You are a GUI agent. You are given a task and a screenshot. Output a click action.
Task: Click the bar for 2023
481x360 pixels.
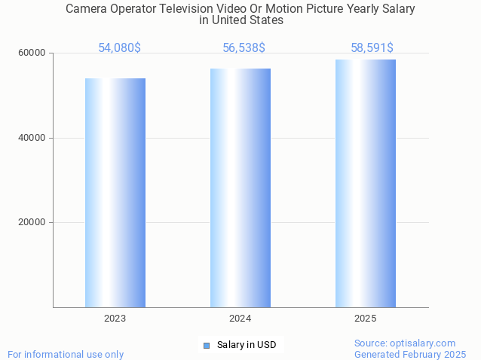(115, 193)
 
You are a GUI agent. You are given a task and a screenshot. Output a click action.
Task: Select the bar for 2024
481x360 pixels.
(240, 188)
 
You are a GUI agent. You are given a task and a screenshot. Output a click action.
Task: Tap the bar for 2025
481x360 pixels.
(366, 183)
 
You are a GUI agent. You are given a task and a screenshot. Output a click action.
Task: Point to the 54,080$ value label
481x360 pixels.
(119, 48)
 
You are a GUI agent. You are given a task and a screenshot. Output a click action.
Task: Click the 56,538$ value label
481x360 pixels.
(244, 48)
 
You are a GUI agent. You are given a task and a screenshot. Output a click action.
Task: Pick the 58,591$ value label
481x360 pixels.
(372, 48)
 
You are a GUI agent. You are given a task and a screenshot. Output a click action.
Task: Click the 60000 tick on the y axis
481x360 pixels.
(32, 53)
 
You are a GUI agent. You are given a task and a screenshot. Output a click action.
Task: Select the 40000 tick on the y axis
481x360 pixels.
(32, 138)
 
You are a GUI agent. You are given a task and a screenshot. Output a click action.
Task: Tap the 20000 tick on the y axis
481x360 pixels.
(32, 223)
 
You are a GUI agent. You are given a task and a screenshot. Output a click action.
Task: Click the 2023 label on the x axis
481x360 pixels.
(115, 319)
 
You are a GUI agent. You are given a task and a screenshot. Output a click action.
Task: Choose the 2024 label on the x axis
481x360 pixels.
(240, 319)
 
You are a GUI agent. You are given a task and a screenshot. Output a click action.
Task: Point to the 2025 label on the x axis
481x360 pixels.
(366, 319)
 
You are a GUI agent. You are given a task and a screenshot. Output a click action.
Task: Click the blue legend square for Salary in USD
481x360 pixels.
(206, 345)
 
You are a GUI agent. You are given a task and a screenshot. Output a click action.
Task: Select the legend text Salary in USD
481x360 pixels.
(247, 345)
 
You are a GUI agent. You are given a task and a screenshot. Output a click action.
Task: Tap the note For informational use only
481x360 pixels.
(66, 354)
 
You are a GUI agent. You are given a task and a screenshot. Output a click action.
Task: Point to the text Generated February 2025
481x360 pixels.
(410, 354)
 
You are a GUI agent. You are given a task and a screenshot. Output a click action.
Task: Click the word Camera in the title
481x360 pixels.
(87, 9)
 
